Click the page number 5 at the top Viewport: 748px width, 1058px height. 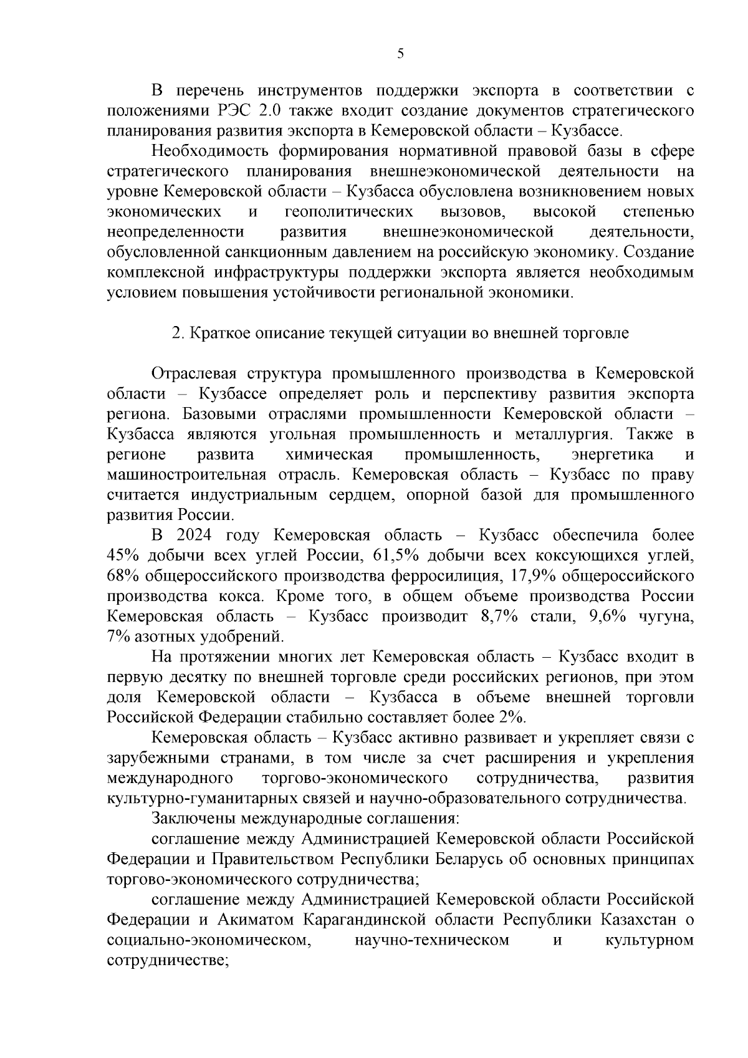(400, 54)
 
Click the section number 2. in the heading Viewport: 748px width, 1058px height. (177, 333)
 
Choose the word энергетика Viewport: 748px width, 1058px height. (612, 454)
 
